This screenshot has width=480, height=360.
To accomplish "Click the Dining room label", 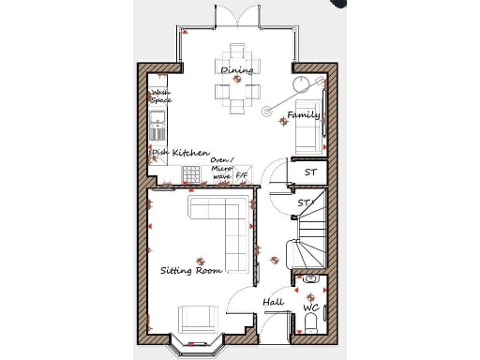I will [x=236, y=70].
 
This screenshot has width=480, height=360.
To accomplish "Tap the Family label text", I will [x=303, y=115].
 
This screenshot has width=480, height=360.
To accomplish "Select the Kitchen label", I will [x=190, y=153].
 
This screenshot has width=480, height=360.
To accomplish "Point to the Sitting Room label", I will [x=190, y=271].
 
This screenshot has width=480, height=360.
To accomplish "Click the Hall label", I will [x=273, y=302].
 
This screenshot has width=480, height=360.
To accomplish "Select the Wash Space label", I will [x=161, y=96].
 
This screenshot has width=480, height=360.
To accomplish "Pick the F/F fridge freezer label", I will [x=242, y=175].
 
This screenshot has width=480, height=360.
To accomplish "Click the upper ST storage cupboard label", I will [x=310, y=172].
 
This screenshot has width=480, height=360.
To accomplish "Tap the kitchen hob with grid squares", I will [x=191, y=174].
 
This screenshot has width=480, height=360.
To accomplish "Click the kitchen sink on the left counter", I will [x=157, y=121].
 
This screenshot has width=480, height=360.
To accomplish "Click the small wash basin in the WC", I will [x=310, y=279].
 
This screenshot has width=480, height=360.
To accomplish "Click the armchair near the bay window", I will [x=197, y=319].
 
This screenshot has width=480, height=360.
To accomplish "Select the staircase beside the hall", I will [x=308, y=234].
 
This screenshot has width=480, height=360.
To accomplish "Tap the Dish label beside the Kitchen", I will [x=160, y=153].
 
